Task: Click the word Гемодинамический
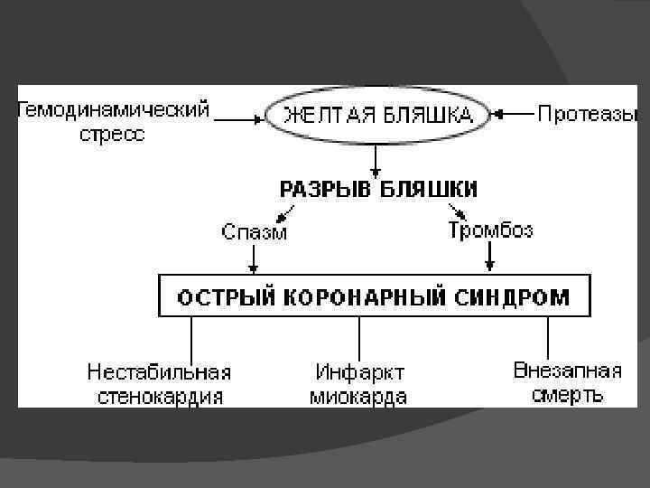pyautogui.click(x=113, y=110)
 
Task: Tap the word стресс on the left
pyautogui.click(x=113, y=135)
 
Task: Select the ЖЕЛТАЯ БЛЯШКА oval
pyautogui.click(x=378, y=115)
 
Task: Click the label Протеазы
pyautogui.click(x=588, y=114)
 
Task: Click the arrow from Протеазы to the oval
pyautogui.click(x=513, y=115)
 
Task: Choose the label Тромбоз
pyautogui.click(x=490, y=230)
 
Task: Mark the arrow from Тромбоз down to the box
pyautogui.click(x=490, y=257)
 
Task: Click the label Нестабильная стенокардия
pyautogui.click(x=159, y=384)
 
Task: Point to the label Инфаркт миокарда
pyautogui.click(x=359, y=385)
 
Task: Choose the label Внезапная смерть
pyautogui.click(x=567, y=382)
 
